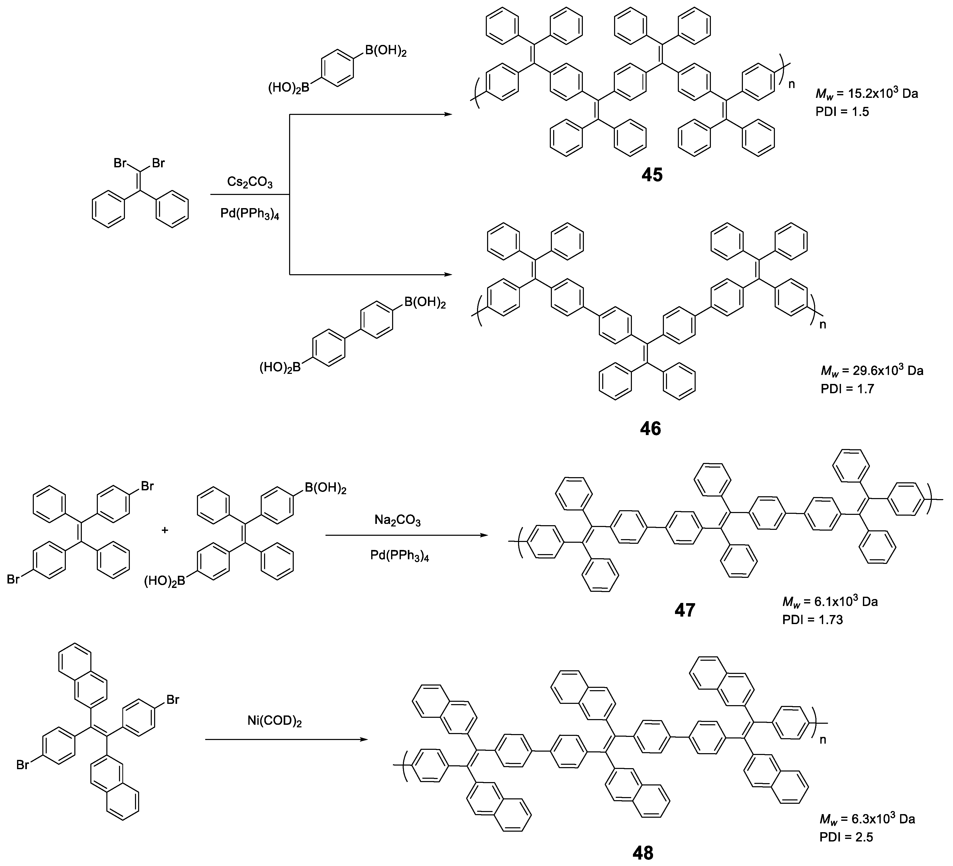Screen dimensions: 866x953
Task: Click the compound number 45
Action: [652, 175]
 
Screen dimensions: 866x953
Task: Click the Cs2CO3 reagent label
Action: [250, 182]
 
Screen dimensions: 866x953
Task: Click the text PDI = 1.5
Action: [842, 112]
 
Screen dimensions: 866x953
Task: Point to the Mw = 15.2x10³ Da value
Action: [867, 93]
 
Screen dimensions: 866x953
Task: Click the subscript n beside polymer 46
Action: [823, 325]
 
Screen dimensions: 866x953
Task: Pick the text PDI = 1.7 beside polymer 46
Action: [847, 389]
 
